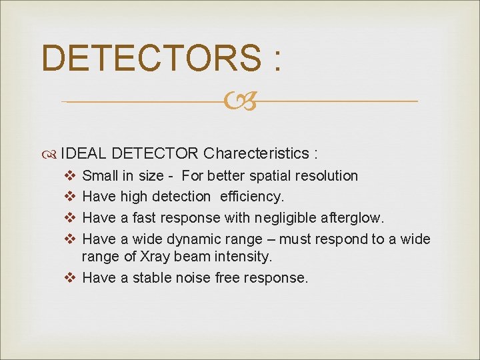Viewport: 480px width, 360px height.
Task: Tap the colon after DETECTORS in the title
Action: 276,60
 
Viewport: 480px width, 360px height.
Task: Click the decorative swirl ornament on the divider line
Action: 240,101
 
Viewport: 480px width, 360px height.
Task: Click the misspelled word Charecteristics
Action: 255,153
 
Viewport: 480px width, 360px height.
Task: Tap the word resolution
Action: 328,176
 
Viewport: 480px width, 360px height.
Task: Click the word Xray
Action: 153,257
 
